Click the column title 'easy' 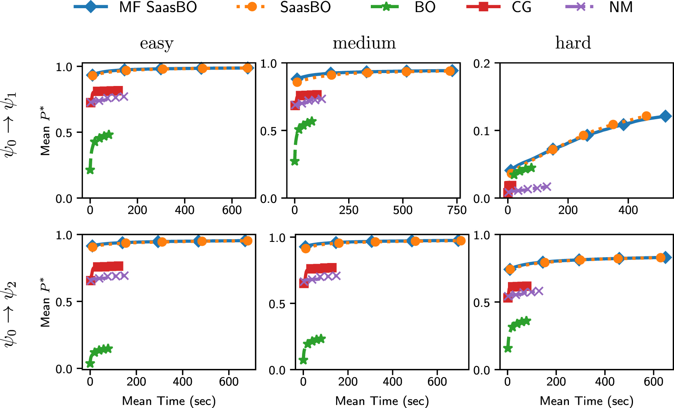pyautogui.click(x=157, y=43)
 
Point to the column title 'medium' pyautogui.click(x=364, y=43)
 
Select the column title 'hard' pyautogui.click(x=573, y=43)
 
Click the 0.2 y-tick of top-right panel pyautogui.click(x=482, y=63)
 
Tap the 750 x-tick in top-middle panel pyautogui.click(x=456, y=210)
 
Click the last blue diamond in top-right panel pyautogui.click(x=665, y=116)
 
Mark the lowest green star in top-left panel pyautogui.click(x=90, y=170)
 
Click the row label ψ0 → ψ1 pyautogui.click(x=11, y=124)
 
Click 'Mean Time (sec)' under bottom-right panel pyautogui.click(x=586, y=401)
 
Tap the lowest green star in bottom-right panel pyautogui.click(x=508, y=348)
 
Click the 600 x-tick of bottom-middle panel pyautogui.click(x=437, y=382)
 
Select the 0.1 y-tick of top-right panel pyautogui.click(x=482, y=131)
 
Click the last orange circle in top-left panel pyautogui.click(x=247, y=68)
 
